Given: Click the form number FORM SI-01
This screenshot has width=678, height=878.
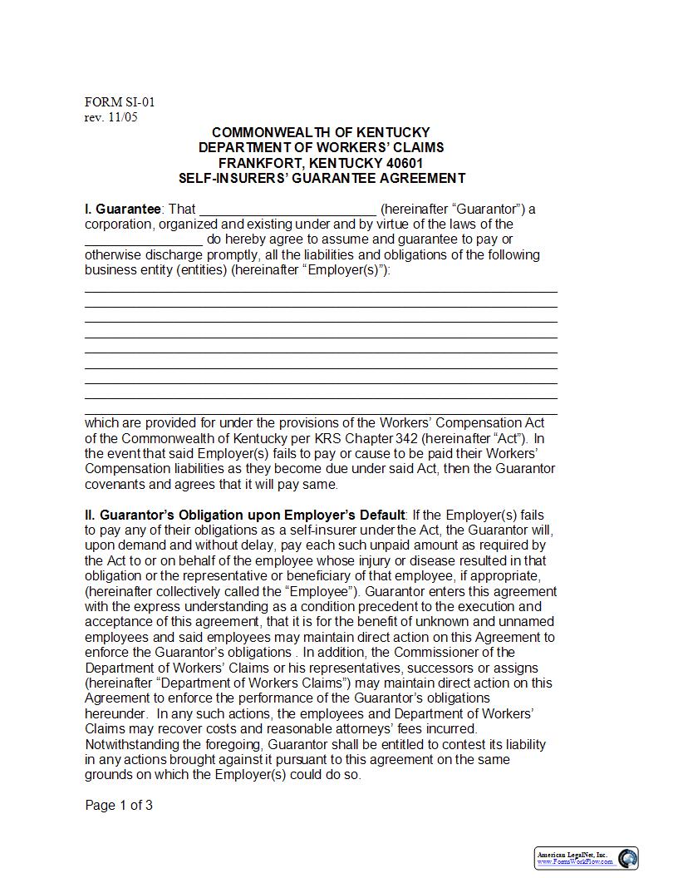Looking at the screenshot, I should (x=120, y=102).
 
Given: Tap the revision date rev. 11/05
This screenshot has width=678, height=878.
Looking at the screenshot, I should (x=111, y=117).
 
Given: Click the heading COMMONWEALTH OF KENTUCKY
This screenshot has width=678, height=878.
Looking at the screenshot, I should (x=321, y=132).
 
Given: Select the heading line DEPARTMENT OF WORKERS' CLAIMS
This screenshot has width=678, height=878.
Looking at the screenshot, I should (x=321, y=147).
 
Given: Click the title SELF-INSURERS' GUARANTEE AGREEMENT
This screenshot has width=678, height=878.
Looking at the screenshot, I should (x=321, y=178).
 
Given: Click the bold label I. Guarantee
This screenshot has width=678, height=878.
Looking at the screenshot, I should (x=123, y=209).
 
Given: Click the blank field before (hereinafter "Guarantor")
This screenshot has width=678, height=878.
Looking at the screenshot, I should (x=287, y=210).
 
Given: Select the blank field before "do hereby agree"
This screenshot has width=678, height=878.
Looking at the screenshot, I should (x=143, y=240).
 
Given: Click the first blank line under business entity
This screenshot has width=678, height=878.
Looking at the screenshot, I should (x=321, y=291).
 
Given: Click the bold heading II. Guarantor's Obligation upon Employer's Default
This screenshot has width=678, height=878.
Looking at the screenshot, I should (x=245, y=515).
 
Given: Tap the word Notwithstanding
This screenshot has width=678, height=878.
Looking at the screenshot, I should (x=132, y=745).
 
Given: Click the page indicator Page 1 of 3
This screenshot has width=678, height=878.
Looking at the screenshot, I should (x=119, y=805).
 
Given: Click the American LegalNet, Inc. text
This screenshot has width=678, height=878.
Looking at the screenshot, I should (x=572, y=855).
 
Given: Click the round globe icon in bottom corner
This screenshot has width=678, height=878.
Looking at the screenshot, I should (x=627, y=857).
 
